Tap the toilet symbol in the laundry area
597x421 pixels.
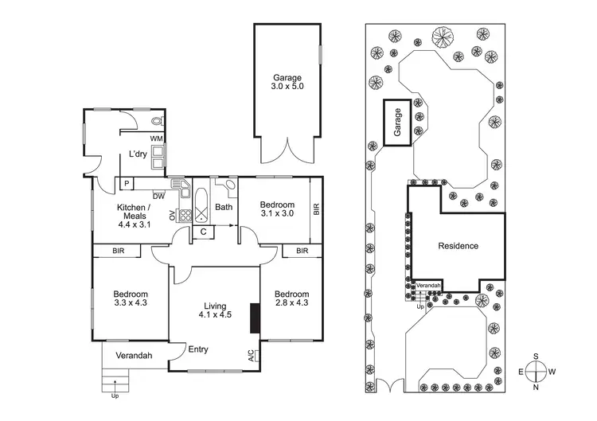click(x=157, y=122)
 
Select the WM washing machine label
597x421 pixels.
click(x=157, y=139)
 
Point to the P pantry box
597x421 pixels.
click(x=126, y=183)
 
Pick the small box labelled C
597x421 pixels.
click(x=204, y=232)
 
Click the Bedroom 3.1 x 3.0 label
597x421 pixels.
click(x=277, y=210)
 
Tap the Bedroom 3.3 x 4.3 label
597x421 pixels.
click(x=130, y=298)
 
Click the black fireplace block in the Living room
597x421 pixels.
click(x=255, y=318)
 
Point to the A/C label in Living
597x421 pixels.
click(x=251, y=355)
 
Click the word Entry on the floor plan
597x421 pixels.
click(x=198, y=349)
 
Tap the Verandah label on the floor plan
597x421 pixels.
click(x=134, y=356)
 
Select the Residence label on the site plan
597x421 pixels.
click(x=458, y=246)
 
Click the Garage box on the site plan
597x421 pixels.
click(x=399, y=123)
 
